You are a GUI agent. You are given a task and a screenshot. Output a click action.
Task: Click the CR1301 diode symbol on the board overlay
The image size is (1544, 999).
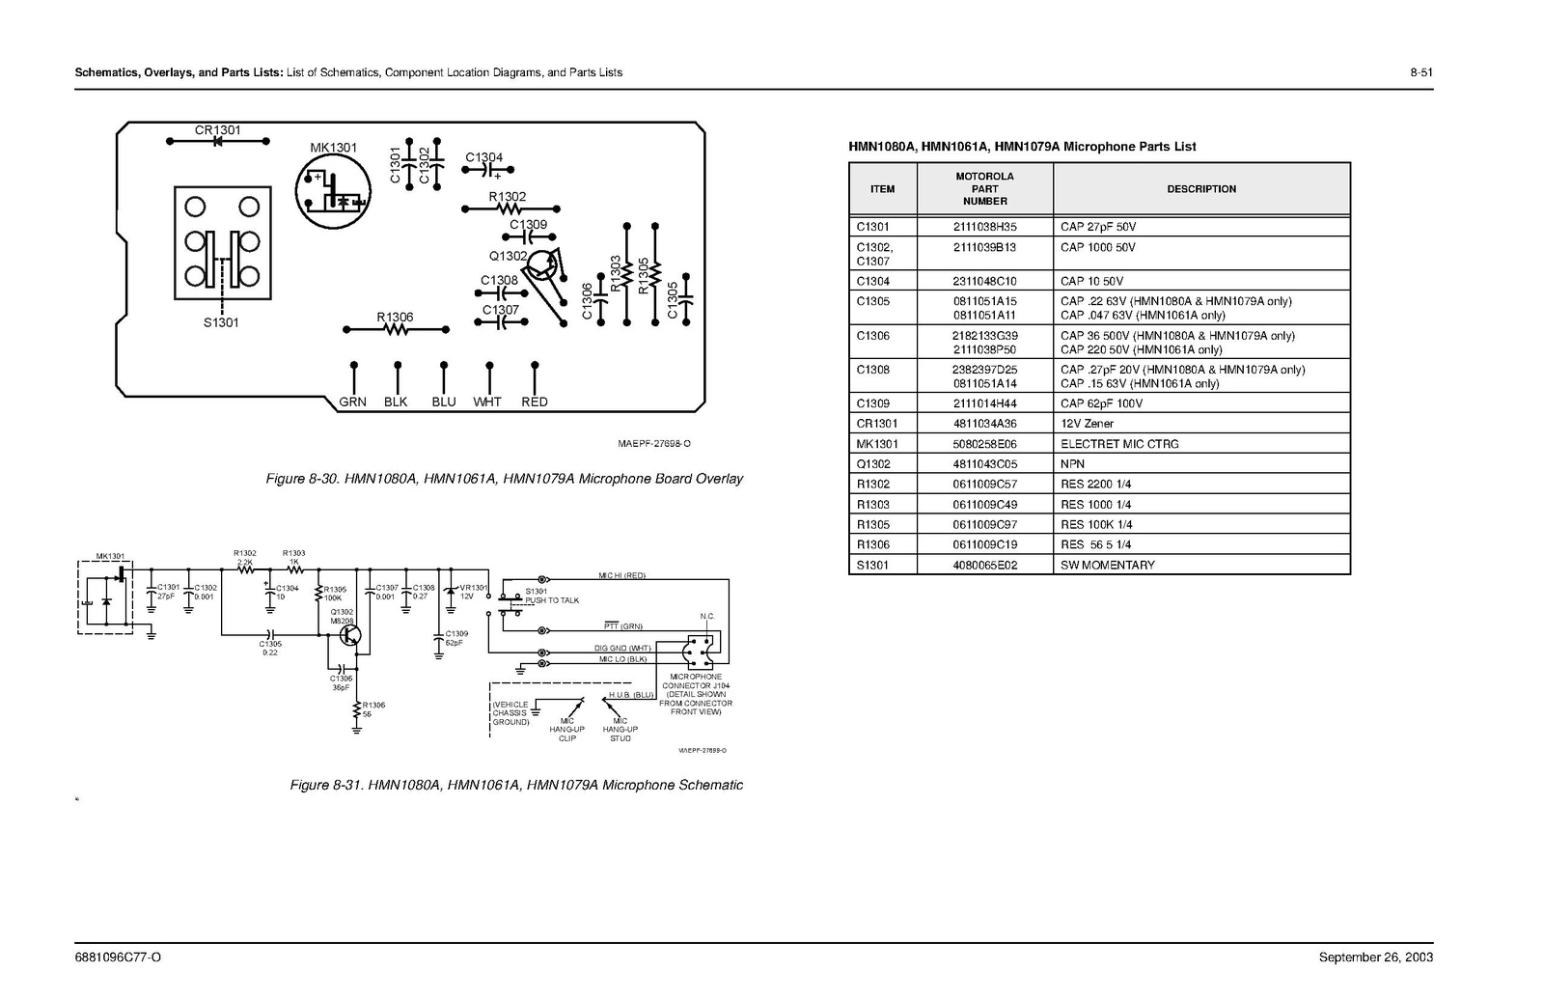217,142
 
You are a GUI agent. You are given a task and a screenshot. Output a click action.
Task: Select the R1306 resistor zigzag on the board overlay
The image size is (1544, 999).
396,330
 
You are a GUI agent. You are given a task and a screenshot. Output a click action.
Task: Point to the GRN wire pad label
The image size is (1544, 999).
352,402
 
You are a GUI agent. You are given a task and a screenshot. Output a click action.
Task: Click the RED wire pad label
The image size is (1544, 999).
534,402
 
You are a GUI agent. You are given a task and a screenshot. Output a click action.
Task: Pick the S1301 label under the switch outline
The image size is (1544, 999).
221,322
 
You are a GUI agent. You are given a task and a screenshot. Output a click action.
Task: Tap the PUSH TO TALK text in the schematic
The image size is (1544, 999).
552,600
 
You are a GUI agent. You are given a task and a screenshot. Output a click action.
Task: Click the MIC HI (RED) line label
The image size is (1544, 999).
621,576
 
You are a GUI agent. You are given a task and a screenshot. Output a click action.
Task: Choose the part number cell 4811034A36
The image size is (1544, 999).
984,424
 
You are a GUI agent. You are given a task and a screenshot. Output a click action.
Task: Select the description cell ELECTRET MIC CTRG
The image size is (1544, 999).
1119,444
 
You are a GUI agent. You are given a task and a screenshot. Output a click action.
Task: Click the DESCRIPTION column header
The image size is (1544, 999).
1201,189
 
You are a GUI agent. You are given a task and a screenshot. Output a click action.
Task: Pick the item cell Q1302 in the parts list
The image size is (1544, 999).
873,464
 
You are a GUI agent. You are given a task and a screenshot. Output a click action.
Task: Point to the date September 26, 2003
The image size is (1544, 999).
1376,957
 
